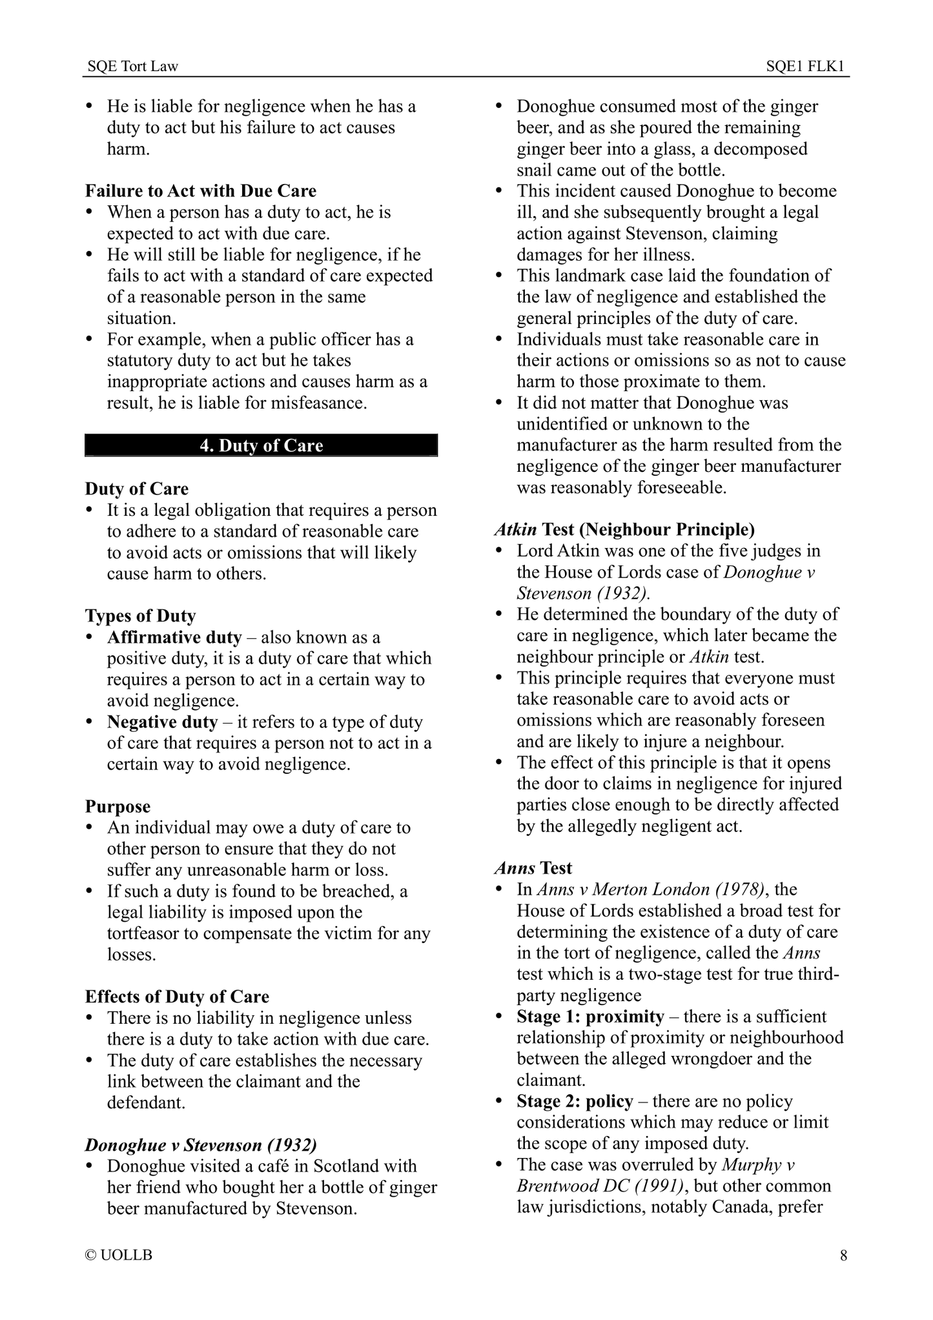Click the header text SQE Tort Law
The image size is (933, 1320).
132,66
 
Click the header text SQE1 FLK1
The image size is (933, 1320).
806,66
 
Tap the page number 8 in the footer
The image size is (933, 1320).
843,1255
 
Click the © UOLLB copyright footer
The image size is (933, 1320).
119,1255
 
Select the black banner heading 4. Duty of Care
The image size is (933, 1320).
261,446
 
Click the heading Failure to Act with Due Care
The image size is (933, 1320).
201,191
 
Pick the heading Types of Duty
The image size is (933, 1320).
140,616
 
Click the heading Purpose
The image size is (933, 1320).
118,807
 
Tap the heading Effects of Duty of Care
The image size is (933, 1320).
177,997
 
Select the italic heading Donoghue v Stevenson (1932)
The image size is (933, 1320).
201,1146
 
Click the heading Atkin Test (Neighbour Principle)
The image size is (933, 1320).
624,530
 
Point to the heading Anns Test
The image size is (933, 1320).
533,869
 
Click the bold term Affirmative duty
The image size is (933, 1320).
174,638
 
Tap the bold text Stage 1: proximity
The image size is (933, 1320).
590,1017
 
